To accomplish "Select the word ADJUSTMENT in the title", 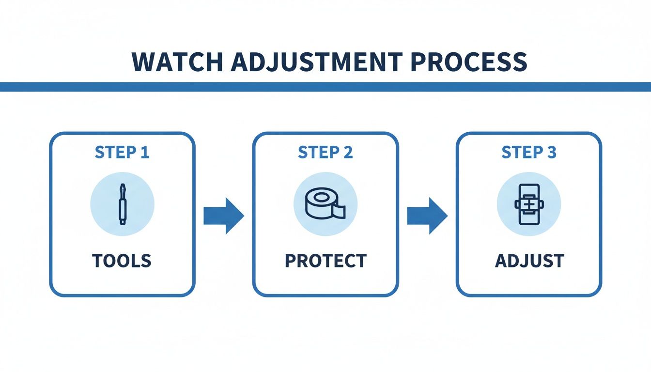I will pyautogui.click(x=316, y=62).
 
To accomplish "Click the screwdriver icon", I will pyautogui.click(x=122, y=203).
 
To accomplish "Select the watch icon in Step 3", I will pyautogui.click(x=529, y=204).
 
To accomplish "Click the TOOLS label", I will pyautogui.click(x=122, y=261).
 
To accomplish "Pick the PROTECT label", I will pyautogui.click(x=325, y=261).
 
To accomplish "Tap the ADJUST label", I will pyautogui.click(x=529, y=261).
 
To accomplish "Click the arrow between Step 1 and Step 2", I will pyautogui.click(x=223, y=215).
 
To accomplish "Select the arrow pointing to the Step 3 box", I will pyautogui.click(x=427, y=215).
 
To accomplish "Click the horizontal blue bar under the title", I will pyautogui.click(x=325, y=87).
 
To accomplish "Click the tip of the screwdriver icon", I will pyautogui.click(x=122, y=186).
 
